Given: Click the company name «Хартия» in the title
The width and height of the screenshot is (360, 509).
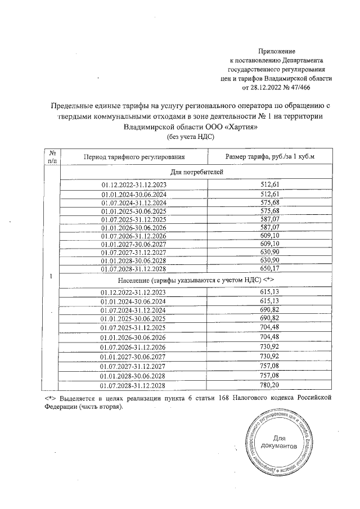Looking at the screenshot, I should pyautogui.click(x=238, y=127).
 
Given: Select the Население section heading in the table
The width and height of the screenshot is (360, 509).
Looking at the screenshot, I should pyautogui.click(x=188, y=280).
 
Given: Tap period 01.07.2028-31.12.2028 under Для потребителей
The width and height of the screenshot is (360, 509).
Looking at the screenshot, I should pyautogui.click(x=133, y=268).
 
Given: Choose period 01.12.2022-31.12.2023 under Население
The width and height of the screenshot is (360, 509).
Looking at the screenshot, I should pyautogui.click(x=133, y=292).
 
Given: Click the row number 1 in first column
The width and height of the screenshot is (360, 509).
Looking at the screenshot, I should pyautogui.click(x=52, y=277).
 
